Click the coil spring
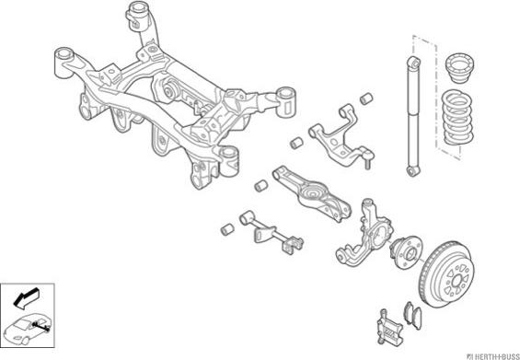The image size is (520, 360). tap(456, 117)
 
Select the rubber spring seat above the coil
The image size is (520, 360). tap(458, 68)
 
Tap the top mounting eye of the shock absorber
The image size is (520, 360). tap(414, 63)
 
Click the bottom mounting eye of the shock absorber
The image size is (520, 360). tap(413, 171)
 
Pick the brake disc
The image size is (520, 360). tap(446, 273)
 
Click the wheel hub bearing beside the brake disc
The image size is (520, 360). tap(406, 252)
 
